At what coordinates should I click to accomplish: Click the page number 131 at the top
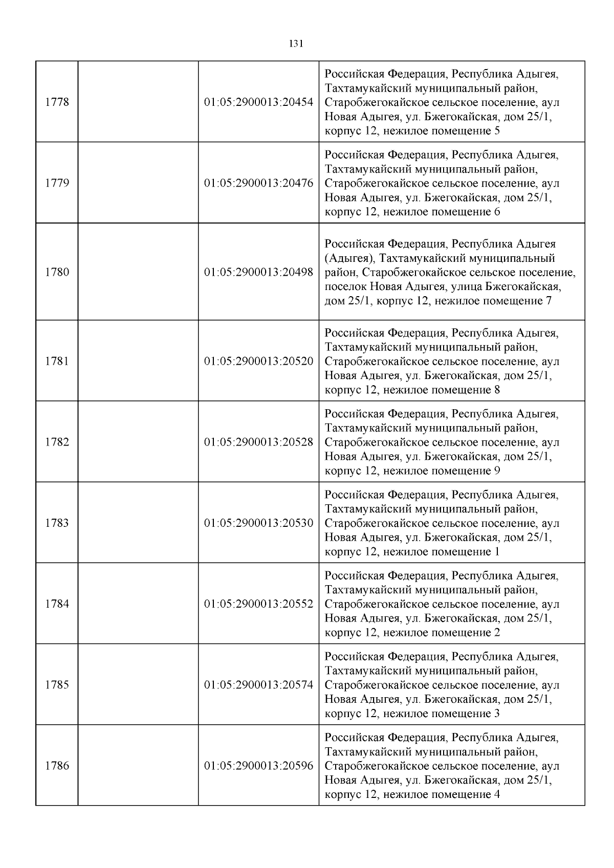point(296,44)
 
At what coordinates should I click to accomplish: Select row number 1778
point(57,102)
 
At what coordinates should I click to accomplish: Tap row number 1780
point(57,272)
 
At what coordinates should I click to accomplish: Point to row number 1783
point(57,523)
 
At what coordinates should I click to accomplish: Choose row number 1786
point(57,766)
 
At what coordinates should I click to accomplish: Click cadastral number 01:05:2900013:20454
point(258,102)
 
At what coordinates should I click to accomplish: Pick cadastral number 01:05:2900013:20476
point(258,183)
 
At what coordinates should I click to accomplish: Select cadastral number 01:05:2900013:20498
point(258,272)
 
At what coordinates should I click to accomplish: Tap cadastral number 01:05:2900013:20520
point(258,361)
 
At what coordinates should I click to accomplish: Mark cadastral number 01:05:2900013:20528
point(258,442)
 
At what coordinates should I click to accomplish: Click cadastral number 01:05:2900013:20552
point(258,604)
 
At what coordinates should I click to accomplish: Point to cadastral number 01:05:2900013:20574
point(258,685)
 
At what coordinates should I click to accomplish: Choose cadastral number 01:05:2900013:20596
point(258,766)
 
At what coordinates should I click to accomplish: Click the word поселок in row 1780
point(345,286)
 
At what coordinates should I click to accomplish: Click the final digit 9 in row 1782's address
point(497,471)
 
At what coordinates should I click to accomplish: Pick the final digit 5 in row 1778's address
point(497,131)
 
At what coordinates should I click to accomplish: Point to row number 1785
point(57,685)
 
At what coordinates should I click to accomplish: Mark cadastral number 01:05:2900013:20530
point(258,523)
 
